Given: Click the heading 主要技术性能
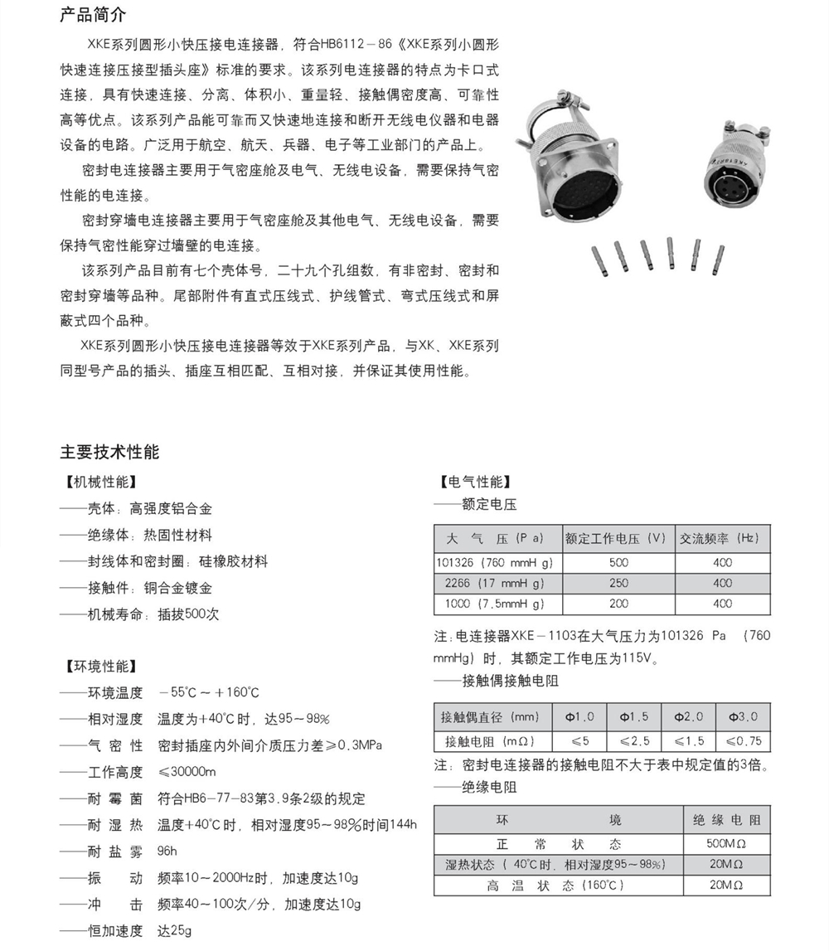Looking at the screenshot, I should point(109,452).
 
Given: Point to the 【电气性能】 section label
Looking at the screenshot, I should point(474,482).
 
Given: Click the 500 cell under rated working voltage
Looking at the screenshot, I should point(618,562).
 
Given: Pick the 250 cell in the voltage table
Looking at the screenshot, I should point(618,583).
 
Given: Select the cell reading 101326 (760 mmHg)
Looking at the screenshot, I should point(498,562).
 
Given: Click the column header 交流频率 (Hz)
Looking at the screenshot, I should point(722,538).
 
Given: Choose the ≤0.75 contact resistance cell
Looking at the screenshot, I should point(743,740).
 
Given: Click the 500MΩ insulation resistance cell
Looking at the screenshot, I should point(725,844).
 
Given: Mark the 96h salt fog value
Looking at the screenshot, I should point(167,851).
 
